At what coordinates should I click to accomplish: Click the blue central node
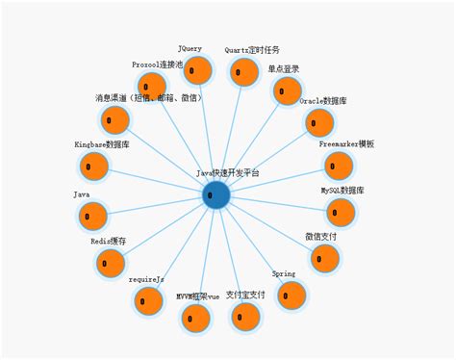click(x=216, y=194)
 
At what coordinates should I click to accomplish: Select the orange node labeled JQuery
click(x=197, y=70)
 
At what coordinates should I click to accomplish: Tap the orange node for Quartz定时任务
click(x=244, y=73)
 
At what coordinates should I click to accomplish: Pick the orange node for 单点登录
click(x=287, y=91)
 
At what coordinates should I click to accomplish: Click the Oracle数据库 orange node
click(x=319, y=123)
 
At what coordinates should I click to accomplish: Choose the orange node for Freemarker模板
click(x=338, y=166)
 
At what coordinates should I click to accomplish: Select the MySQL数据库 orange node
click(x=341, y=213)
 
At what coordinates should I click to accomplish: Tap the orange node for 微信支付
click(x=325, y=258)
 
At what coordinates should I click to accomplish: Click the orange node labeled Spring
click(x=291, y=295)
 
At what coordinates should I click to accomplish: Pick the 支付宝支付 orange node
click(x=246, y=317)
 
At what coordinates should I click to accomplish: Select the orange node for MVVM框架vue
click(x=195, y=318)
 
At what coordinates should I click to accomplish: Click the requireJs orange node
click(x=148, y=300)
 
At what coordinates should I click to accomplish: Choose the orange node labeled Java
click(x=92, y=216)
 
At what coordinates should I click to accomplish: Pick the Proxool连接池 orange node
click(x=150, y=86)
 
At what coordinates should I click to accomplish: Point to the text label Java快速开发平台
click(x=227, y=173)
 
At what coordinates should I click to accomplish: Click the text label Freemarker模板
click(x=346, y=143)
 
